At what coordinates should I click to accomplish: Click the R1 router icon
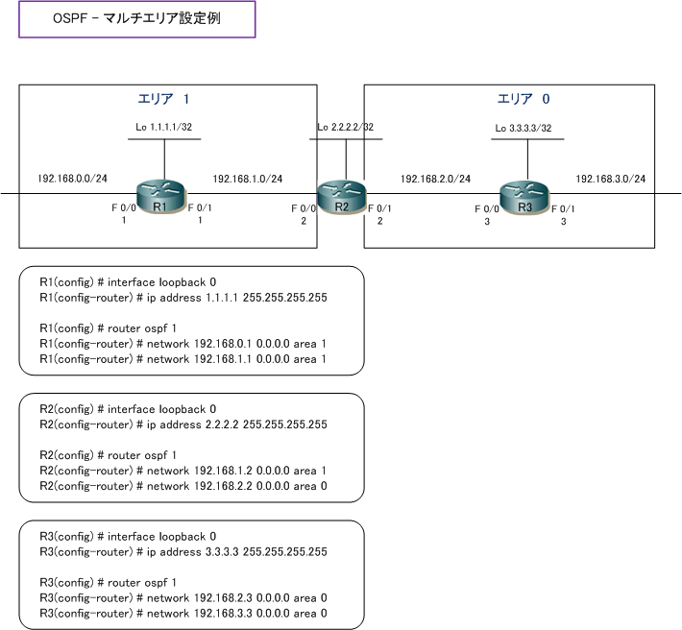point(160,197)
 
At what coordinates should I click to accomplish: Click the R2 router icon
point(342,197)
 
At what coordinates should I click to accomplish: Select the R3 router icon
point(524,198)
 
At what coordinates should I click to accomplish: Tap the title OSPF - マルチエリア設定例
point(136,18)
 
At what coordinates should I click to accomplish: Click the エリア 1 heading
point(163,99)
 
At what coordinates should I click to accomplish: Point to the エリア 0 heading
point(524,99)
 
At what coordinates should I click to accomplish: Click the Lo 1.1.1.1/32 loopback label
point(164,127)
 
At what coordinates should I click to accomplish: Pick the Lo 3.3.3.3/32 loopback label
point(524,129)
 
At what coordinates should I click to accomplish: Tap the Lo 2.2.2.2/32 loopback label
point(346,127)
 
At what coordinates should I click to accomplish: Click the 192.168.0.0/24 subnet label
point(73,179)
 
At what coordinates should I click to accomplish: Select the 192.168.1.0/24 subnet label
point(248,179)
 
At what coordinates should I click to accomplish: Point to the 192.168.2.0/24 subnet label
point(435,179)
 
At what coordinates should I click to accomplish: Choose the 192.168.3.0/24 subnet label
point(611,179)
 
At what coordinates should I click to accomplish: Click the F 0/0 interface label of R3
point(487,209)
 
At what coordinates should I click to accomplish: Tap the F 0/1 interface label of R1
point(200,207)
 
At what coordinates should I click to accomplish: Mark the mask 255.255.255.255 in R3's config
point(285,552)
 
